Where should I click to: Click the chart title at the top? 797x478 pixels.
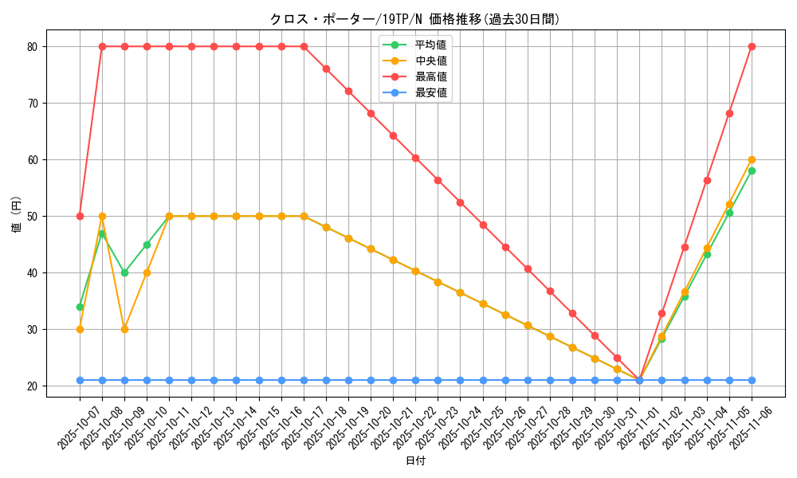tap(414, 19)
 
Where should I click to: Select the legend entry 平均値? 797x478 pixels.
tap(430, 45)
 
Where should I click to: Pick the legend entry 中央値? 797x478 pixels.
tap(430, 61)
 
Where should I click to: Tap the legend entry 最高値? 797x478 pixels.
tap(430, 76)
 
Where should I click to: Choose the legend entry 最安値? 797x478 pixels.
tap(430, 92)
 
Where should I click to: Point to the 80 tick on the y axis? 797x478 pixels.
tap(32, 46)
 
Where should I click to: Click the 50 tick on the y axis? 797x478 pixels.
tap(32, 216)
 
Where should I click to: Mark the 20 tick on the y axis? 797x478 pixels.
tap(32, 386)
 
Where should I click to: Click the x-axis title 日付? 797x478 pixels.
tap(415, 461)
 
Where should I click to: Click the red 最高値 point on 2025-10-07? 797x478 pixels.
tap(80, 216)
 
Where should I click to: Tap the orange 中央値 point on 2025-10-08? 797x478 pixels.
tap(102, 216)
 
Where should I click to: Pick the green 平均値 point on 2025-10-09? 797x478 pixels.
tap(124, 272)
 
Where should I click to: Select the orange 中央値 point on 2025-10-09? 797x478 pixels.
tap(124, 329)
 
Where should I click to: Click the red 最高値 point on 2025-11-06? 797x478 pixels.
tap(752, 46)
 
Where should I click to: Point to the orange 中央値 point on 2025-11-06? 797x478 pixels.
tap(752, 159)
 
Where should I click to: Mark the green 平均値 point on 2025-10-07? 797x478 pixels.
tap(80, 307)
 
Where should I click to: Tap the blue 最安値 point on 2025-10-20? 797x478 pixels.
tap(371, 380)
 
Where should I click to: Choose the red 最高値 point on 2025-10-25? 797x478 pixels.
tap(483, 225)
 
